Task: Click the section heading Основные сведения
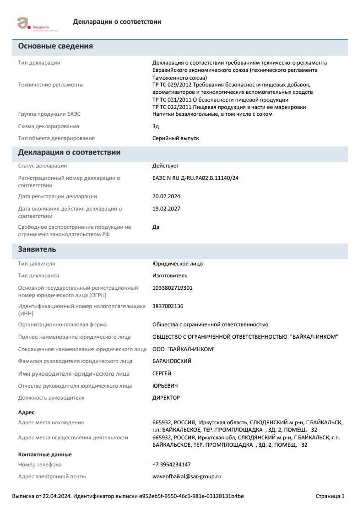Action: tap(55, 46)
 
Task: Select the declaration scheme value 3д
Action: tap(156, 126)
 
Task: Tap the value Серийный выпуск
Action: tap(175, 138)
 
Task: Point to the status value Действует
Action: tap(165, 166)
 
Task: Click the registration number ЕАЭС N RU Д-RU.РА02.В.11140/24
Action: tap(195, 178)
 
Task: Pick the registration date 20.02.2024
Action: tap(166, 196)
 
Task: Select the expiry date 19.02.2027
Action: tap(166, 209)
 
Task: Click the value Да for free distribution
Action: tap(156, 227)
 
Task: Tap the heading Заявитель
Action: tap(37, 249)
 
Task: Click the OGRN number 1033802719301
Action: tap(172, 288)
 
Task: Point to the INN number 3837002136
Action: tap(168, 306)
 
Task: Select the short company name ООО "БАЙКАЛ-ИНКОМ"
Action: tap(184, 349)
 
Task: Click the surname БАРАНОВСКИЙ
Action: tap(172, 361)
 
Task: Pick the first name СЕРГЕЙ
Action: tap(162, 373)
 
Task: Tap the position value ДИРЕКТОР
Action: tap(166, 398)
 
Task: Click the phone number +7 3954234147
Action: tap(171, 465)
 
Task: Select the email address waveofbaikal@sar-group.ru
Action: tap(186, 476)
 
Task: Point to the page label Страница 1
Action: tap(330, 496)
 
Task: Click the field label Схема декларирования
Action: tap(49, 126)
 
